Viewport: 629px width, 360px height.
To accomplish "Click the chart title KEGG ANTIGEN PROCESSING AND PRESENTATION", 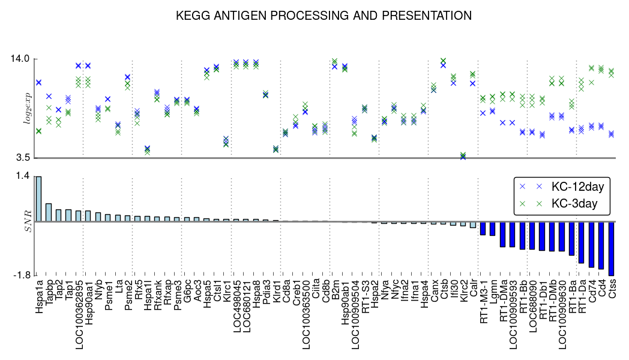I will point(324,16).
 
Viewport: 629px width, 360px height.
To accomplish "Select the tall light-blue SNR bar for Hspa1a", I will point(38,199).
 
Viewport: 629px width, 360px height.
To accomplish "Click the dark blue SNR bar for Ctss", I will point(612,248).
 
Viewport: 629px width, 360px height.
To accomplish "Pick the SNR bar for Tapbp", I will point(49,212).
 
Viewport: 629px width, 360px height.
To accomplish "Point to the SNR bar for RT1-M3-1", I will point(483,229).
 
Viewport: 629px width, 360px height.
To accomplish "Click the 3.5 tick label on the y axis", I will point(22,158).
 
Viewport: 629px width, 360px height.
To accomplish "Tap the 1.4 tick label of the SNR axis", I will point(23,176).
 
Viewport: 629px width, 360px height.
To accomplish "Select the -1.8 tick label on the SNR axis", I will point(21,275).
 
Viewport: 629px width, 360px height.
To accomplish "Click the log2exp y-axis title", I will point(26,109).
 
